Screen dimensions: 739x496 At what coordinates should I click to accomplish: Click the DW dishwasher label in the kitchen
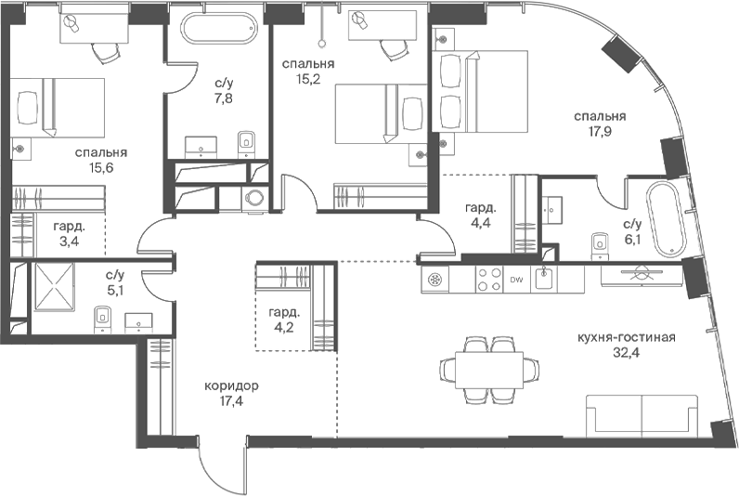click(516, 280)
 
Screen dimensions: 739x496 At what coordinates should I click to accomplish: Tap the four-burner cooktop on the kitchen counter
click(489, 280)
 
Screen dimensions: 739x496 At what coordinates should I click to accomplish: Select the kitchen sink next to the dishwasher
click(544, 279)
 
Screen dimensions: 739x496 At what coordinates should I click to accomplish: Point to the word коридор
click(231, 386)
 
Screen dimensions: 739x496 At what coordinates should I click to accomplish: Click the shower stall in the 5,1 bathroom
click(54, 286)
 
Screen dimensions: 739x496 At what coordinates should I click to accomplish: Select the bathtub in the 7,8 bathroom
click(220, 28)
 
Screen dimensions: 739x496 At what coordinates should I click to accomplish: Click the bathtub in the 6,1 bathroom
click(665, 220)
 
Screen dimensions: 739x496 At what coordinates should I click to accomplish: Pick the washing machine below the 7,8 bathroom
click(255, 198)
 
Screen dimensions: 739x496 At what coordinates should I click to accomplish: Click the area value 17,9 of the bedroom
click(600, 131)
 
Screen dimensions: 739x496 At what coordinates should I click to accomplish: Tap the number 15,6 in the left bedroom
click(101, 167)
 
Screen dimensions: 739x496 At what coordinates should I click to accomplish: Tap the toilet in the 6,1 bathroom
click(600, 245)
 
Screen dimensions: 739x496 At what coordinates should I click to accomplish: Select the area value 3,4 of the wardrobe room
click(70, 241)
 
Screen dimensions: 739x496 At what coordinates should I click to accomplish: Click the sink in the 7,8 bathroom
click(201, 147)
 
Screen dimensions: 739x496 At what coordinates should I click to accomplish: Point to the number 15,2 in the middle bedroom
click(308, 78)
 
